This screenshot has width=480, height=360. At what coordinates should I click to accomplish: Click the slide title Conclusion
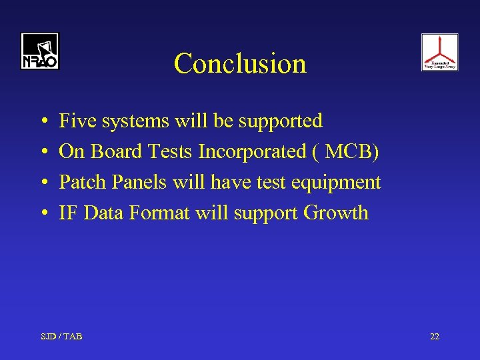[240, 63]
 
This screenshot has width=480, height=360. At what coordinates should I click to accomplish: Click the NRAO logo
[39, 51]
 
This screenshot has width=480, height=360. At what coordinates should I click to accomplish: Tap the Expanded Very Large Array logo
[439, 52]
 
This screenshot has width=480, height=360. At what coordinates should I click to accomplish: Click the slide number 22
[435, 337]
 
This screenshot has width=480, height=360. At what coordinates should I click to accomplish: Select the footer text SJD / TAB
[62, 337]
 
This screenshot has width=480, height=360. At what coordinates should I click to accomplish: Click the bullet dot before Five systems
[43, 122]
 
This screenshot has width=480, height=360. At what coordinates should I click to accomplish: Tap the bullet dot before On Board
[43, 153]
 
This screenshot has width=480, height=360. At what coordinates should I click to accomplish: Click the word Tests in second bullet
[171, 151]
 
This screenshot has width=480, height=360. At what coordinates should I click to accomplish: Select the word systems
[135, 121]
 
